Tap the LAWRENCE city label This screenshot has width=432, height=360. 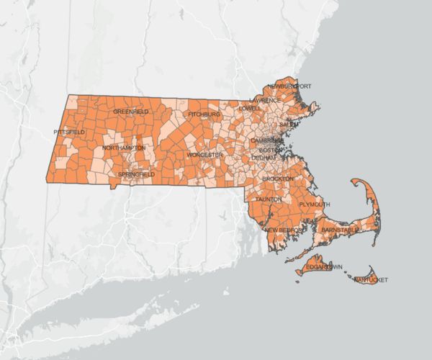tap(265, 100)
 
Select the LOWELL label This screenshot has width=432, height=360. tap(250, 108)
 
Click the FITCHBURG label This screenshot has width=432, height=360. tap(203, 114)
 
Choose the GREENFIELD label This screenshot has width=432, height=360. tap(131, 112)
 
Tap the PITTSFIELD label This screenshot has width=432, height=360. tap(69, 132)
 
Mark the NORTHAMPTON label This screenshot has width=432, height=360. tap(123, 148)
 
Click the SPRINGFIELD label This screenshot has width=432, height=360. tap(135, 174)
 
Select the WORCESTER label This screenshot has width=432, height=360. tap(203, 155)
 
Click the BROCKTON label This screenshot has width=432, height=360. tap(278, 178)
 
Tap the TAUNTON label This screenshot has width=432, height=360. tap(268, 198)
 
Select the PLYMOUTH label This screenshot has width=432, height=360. tap(314, 204)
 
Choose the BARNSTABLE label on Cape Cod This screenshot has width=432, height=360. tap(339, 230)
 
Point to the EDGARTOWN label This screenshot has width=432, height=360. tap(318, 267)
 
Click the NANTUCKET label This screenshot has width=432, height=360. tap(371, 279)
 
